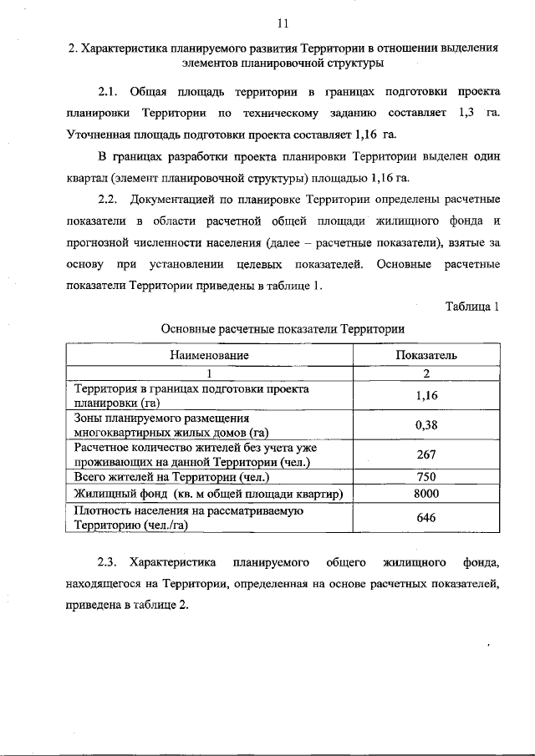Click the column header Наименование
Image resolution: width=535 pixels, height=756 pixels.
click(x=210, y=355)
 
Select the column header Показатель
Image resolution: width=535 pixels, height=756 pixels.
click(x=426, y=355)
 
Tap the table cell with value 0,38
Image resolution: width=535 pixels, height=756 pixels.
click(x=426, y=425)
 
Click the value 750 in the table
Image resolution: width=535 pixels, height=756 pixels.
click(x=426, y=477)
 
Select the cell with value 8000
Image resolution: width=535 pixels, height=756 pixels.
click(x=426, y=493)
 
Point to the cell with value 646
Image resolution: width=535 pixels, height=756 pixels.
click(x=426, y=517)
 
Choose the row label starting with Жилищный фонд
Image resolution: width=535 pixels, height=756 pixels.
click(x=209, y=493)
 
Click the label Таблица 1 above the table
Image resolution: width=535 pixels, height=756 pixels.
click(x=472, y=307)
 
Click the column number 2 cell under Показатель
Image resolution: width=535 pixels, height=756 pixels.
click(x=426, y=373)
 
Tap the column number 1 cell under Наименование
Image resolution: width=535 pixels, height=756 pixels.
click(x=210, y=373)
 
